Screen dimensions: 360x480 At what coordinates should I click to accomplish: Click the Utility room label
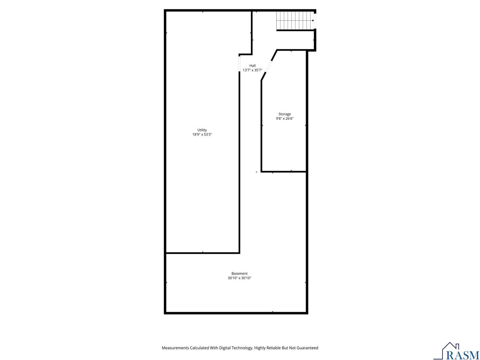(202, 130)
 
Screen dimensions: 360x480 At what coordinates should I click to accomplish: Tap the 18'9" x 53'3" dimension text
(202, 135)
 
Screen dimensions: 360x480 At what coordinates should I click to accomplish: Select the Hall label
(252, 66)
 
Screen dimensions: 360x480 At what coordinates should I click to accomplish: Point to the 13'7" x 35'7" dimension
(252, 70)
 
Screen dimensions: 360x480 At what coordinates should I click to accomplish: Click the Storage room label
(285, 114)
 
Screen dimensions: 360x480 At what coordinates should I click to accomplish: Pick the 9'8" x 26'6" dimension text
(285, 118)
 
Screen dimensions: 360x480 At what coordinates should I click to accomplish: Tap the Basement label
(239, 273)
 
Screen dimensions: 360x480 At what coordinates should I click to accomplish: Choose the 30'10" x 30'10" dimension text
(239, 278)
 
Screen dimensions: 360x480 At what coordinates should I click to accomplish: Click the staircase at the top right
(295, 20)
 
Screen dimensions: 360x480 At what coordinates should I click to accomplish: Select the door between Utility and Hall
(239, 63)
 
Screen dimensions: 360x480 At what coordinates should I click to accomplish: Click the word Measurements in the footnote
(175, 348)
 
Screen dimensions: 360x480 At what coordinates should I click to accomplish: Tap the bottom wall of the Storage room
(284, 172)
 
